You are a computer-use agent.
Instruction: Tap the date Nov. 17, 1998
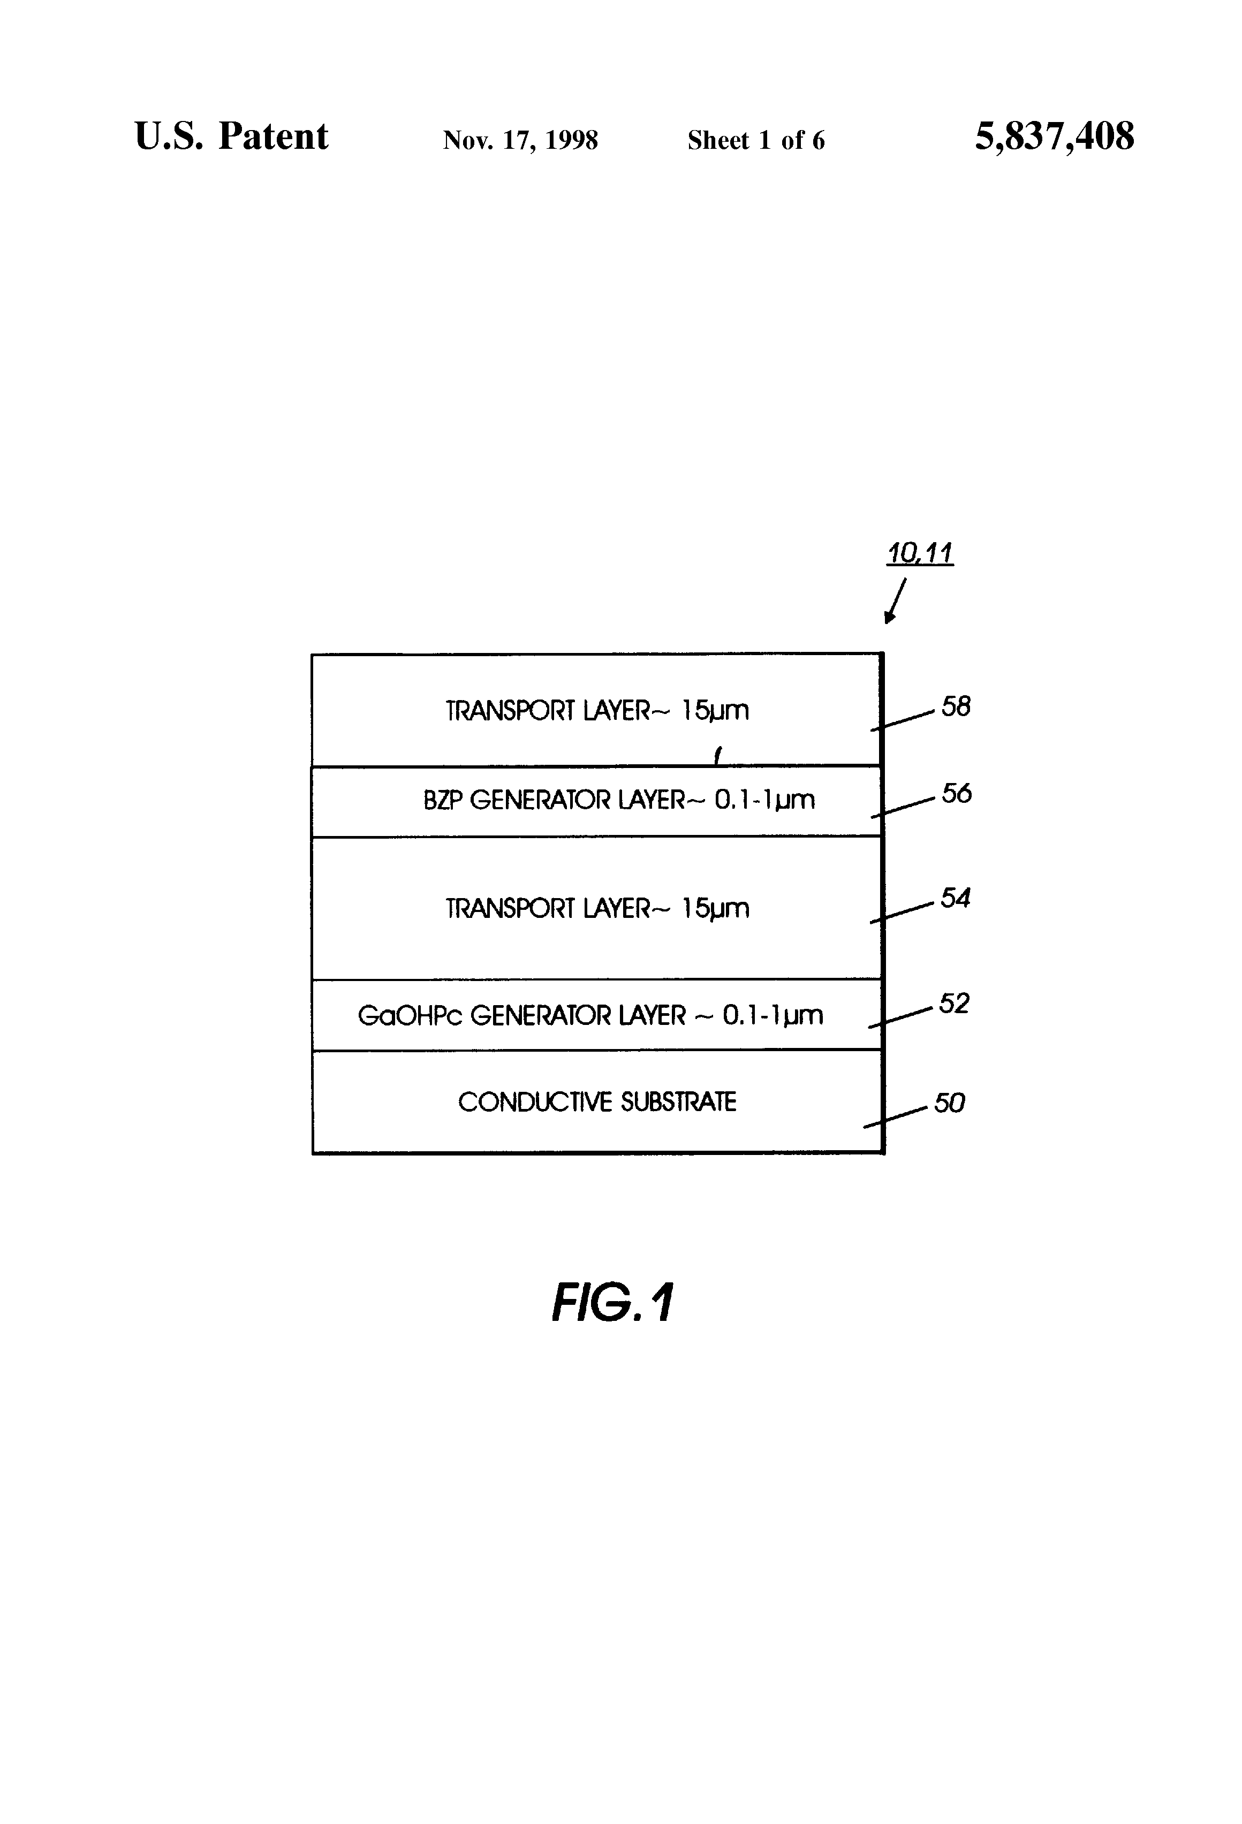(520, 140)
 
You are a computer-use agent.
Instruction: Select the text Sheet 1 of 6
(756, 140)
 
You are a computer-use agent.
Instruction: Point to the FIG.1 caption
(612, 1304)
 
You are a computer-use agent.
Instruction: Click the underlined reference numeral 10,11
(919, 553)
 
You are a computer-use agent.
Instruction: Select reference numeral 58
(956, 706)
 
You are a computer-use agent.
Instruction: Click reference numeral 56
(956, 794)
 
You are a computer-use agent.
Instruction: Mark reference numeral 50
(949, 1104)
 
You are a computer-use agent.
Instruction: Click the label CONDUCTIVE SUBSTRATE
(597, 1102)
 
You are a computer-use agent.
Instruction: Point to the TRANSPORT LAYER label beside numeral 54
(597, 908)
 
